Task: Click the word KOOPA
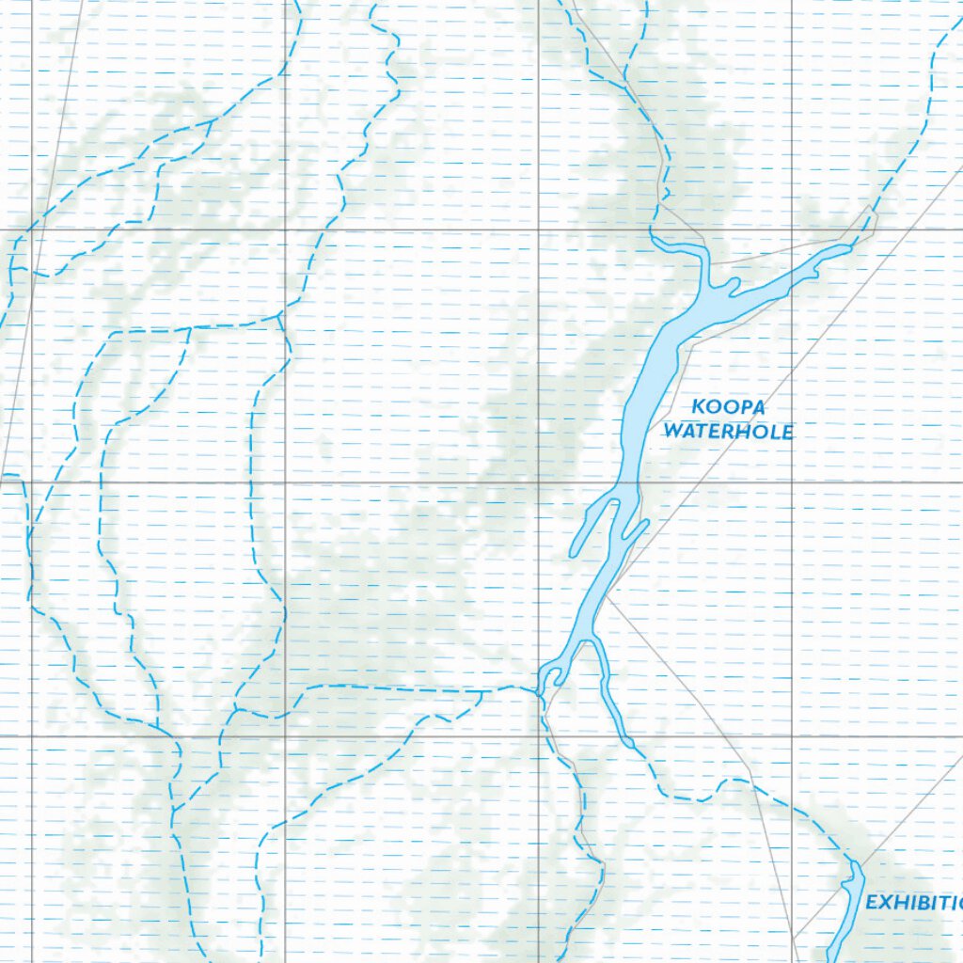tap(729, 407)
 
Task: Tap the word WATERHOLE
tap(729, 433)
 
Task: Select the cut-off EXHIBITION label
tap(913, 903)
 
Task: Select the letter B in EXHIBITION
tap(921, 903)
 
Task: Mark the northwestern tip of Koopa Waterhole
tap(655, 241)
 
